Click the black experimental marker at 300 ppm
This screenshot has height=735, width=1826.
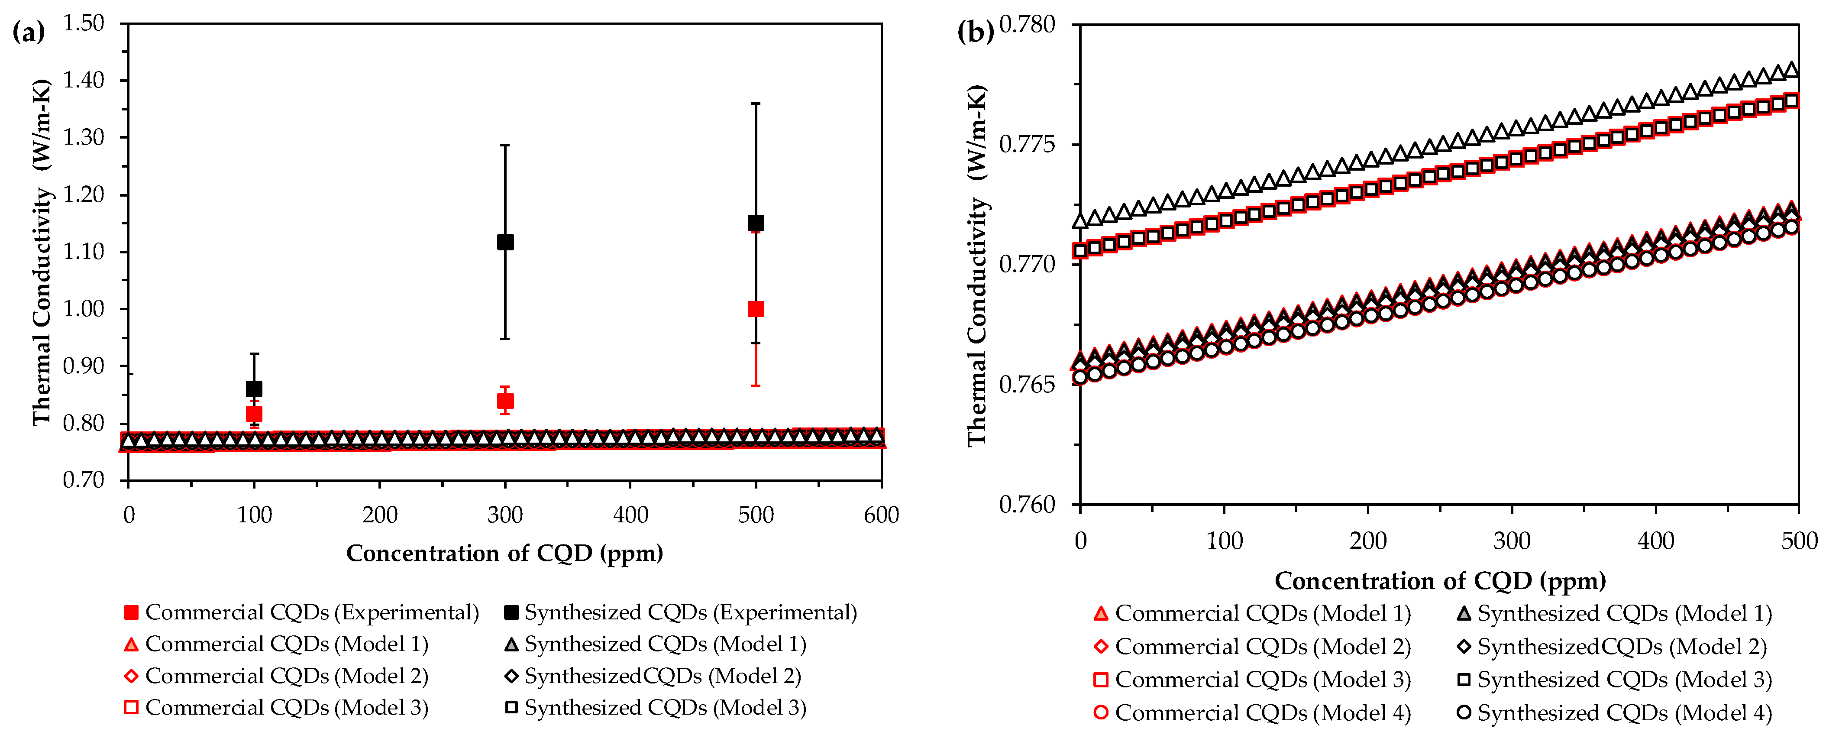click(505, 242)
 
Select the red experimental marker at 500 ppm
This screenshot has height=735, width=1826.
click(756, 309)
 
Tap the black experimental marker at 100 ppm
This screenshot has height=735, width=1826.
click(254, 389)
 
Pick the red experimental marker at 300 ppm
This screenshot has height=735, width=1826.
click(505, 401)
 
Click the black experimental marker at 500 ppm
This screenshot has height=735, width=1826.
click(756, 223)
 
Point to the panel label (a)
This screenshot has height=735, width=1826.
click(28, 32)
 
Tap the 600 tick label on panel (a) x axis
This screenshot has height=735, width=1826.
click(881, 515)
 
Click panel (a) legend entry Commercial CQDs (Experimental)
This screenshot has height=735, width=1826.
click(302, 612)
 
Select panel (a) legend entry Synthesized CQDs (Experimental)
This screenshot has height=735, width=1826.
click(681, 612)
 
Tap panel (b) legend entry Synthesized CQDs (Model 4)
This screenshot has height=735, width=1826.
click(1614, 712)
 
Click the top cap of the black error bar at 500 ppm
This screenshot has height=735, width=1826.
click(756, 104)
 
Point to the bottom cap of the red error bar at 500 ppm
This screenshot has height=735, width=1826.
click(756, 385)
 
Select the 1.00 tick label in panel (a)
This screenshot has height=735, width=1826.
click(84, 308)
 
